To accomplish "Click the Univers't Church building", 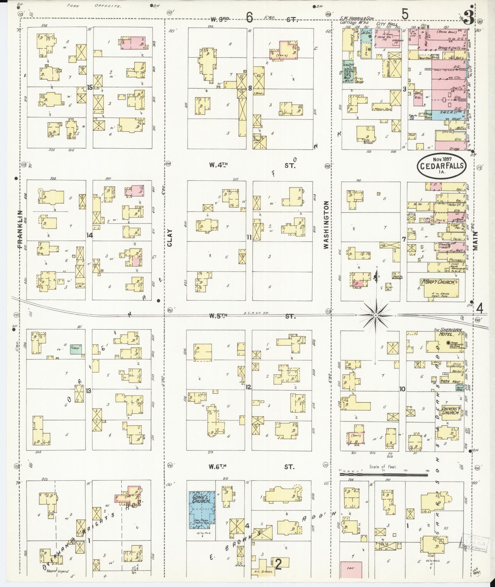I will tap(451, 411).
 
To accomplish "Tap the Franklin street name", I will tap(20, 229).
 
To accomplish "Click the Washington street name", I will tap(326, 225).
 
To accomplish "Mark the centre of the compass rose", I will tap(375, 315).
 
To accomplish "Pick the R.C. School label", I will tap(260, 571).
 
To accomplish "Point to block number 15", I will tap(90, 87).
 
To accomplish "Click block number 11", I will tap(249, 237).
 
